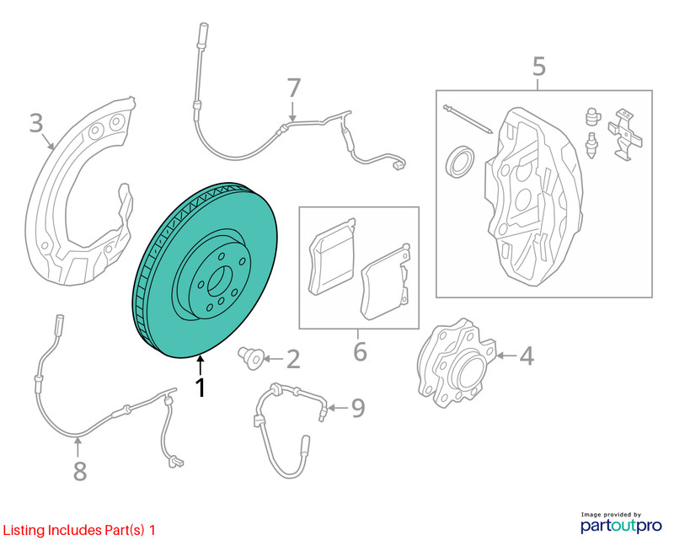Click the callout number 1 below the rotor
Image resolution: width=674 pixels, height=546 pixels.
(x=201, y=388)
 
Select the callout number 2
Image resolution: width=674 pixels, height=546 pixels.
(x=293, y=359)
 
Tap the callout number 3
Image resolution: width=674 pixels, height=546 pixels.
(x=36, y=122)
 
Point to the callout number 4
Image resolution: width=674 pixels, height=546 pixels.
(x=527, y=356)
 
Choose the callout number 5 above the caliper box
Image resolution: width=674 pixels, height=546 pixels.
(x=539, y=67)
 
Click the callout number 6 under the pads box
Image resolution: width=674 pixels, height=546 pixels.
(x=360, y=351)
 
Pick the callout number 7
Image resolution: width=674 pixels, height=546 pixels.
(x=293, y=88)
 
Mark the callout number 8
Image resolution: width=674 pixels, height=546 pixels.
(x=80, y=471)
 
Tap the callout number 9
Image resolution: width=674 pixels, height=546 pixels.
(x=358, y=408)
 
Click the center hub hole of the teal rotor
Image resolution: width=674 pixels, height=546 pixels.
(x=219, y=281)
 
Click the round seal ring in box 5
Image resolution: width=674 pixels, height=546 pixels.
(x=460, y=161)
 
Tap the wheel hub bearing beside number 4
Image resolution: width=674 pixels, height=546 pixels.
(x=457, y=363)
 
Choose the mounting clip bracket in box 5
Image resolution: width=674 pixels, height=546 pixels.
(x=624, y=134)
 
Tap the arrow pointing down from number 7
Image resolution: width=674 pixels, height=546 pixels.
(x=292, y=111)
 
